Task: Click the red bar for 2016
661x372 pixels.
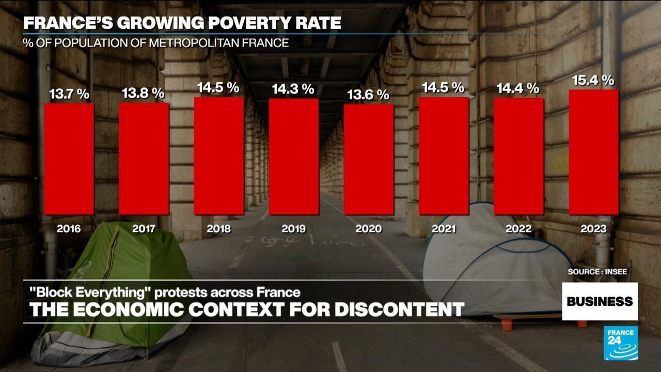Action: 69,159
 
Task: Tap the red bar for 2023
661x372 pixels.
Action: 593,152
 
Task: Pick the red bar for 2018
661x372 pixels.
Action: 219,156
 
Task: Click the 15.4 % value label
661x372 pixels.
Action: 593,80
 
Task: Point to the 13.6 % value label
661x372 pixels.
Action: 368,95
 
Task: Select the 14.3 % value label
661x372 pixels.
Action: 293,89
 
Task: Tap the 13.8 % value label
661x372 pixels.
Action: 143,94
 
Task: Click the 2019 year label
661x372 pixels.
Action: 293,228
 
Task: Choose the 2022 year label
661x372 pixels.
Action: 518,228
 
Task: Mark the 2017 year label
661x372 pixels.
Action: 144,228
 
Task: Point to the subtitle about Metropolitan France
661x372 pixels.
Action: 155,43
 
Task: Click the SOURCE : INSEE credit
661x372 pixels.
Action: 597,271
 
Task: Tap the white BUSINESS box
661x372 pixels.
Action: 600,301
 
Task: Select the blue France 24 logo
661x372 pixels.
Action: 621,343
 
